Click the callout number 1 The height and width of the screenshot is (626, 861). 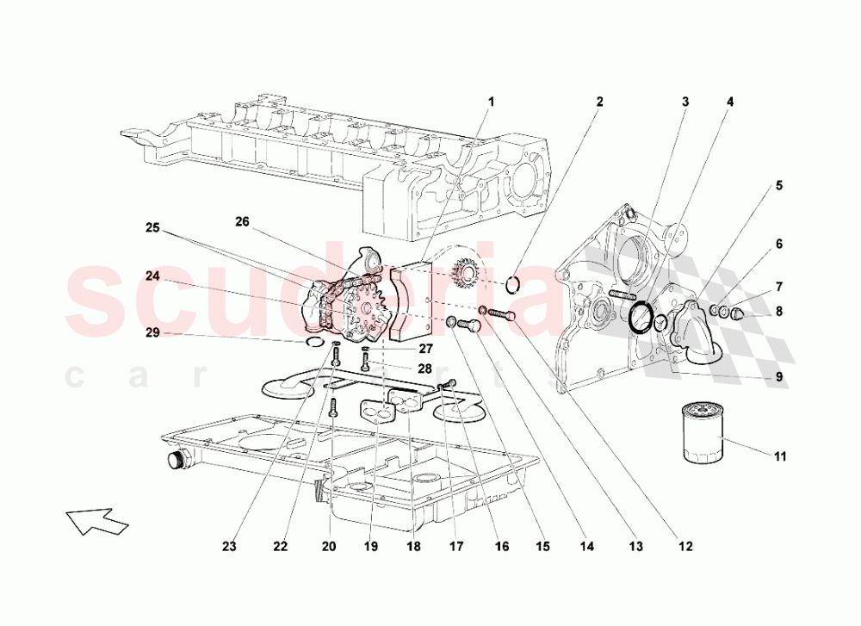click(492, 102)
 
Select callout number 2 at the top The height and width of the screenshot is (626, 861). click(599, 102)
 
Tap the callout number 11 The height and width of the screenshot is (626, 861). click(779, 456)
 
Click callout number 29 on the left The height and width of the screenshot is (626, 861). click(152, 333)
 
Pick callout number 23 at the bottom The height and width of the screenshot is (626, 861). click(228, 545)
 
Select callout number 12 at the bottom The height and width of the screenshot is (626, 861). click(685, 545)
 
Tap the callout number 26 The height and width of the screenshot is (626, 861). click(242, 221)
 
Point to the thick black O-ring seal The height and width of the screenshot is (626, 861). click(641, 316)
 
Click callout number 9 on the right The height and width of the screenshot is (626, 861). click(778, 376)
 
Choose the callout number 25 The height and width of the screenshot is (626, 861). click(152, 228)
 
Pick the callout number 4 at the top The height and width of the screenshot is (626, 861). click(730, 102)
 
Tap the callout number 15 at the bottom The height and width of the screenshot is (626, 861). click(542, 545)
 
